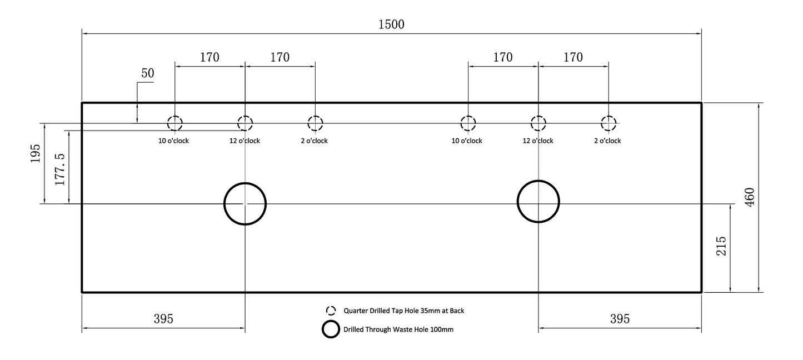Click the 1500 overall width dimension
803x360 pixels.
click(x=391, y=24)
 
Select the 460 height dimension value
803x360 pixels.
click(x=750, y=197)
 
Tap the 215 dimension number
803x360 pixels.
click(x=721, y=246)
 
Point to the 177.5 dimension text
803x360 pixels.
click(x=60, y=169)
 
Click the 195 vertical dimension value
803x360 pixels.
click(x=35, y=154)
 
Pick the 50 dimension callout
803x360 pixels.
click(x=148, y=73)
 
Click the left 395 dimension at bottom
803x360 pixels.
click(x=163, y=318)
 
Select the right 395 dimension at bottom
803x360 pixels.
click(x=620, y=318)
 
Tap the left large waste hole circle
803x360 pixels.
click(x=225, y=204)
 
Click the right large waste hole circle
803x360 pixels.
click(x=518, y=201)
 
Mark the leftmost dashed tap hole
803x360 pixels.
click(x=167, y=123)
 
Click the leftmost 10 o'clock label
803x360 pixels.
click(x=173, y=141)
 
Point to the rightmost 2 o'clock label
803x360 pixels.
click(x=607, y=141)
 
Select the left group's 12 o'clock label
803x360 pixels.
click(x=245, y=141)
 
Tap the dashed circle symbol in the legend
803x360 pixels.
click(x=326, y=311)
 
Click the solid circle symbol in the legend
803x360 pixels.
click(x=322, y=329)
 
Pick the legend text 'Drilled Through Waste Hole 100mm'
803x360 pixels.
click(x=398, y=329)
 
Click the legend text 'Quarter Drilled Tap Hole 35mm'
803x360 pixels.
click(x=392, y=311)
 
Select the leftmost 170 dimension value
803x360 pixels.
click(x=210, y=57)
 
